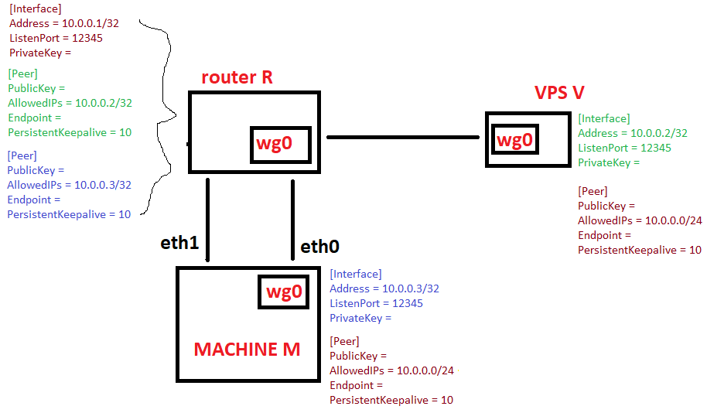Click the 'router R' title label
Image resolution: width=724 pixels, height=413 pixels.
point(237,77)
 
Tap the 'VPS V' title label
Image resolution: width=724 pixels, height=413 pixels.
point(559,93)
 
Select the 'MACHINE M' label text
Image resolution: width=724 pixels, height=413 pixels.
point(247,350)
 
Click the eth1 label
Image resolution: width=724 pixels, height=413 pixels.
point(179,243)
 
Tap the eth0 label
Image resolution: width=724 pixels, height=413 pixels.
point(319,247)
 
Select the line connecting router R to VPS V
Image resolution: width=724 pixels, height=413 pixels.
point(403,137)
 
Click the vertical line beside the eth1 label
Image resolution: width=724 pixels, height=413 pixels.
point(208,220)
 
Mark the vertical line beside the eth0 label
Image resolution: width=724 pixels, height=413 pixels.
point(292,220)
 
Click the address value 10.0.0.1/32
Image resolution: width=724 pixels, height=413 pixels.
point(90,23)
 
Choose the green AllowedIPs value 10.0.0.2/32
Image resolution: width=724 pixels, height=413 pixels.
point(104,103)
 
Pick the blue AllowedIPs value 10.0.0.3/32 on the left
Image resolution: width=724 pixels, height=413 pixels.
point(103,185)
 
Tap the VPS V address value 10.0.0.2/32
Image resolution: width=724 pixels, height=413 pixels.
point(659,133)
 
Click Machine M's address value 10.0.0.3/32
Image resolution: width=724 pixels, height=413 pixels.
point(411,289)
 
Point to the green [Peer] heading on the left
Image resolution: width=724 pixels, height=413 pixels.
point(23,73)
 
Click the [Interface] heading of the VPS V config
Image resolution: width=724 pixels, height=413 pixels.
point(604,118)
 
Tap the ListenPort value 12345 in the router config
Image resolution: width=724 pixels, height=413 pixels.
point(87,39)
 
